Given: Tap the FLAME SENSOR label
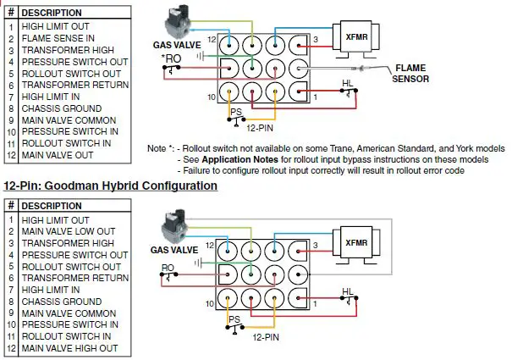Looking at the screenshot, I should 410,75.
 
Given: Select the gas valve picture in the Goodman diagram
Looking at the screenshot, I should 180,230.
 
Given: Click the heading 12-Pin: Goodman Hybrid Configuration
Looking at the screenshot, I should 110,185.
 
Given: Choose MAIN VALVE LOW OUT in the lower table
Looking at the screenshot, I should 70,231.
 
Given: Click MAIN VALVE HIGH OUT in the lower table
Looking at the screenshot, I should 70,348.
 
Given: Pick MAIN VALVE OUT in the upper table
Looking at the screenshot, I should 58,155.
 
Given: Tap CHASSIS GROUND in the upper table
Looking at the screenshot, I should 62,108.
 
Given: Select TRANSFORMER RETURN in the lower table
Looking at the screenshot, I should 75,278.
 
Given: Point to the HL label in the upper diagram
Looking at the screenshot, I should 348,86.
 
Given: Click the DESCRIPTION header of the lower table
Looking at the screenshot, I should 52,206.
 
